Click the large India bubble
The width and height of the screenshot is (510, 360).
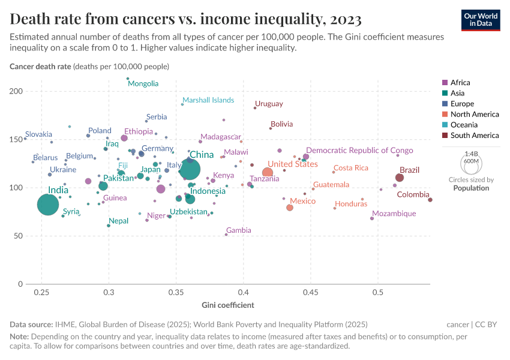(x=49, y=205)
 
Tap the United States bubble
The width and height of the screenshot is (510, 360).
(x=268, y=173)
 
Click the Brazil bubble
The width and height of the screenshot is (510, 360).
(x=400, y=178)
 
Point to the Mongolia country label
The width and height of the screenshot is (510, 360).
(x=143, y=83)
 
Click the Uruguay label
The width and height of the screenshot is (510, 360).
(x=269, y=104)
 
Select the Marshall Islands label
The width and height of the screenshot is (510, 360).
(x=208, y=100)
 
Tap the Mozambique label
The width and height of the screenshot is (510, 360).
(x=394, y=214)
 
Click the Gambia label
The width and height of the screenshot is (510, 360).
(x=239, y=230)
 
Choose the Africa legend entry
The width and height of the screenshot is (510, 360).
(x=460, y=83)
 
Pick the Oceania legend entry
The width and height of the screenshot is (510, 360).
(x=464, y=125)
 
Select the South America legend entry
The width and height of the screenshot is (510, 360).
(x=474, y=136)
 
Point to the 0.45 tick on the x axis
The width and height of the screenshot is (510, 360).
(x=310, y=292)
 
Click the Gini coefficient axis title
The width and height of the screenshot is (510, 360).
(x=227, y=305)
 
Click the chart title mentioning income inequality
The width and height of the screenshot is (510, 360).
(x=185, y=20)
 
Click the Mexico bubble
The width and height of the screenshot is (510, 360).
(x=290, y=208)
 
